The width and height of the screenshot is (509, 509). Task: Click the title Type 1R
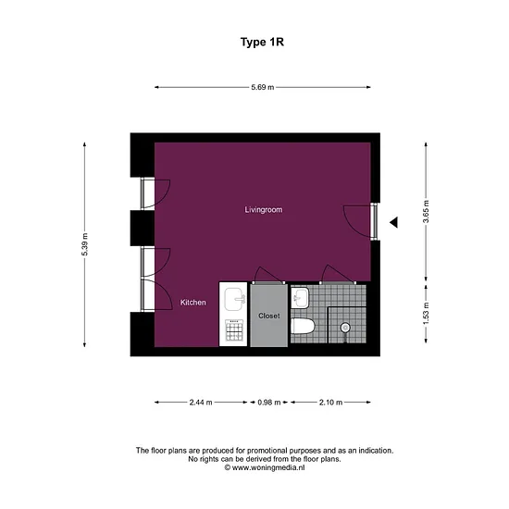(262, 43)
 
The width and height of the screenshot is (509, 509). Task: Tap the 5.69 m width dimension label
(263, 87)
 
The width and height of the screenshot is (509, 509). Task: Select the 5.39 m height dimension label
(85, 244)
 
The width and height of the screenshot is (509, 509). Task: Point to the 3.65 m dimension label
(426, 212)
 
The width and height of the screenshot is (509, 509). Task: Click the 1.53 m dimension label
(426, 313)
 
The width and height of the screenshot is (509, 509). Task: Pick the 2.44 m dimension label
(201, 403)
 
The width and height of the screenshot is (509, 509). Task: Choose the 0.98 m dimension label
(269, 403)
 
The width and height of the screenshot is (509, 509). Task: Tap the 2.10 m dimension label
(330, 403)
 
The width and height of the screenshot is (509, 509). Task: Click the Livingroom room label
(264, 210)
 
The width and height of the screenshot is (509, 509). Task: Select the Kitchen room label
(193, 303)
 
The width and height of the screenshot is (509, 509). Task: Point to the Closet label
(269, 316)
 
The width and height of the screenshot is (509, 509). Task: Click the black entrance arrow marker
(393, 222)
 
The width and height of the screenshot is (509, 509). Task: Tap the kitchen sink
(235, 299)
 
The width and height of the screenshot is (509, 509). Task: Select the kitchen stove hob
(234, 330)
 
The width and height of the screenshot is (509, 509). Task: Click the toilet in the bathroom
(303, 326)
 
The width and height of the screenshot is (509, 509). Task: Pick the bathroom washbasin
(300, 298)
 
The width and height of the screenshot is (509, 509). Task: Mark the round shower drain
(345, 328)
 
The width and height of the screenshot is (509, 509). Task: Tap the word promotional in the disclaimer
(267, 451)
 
